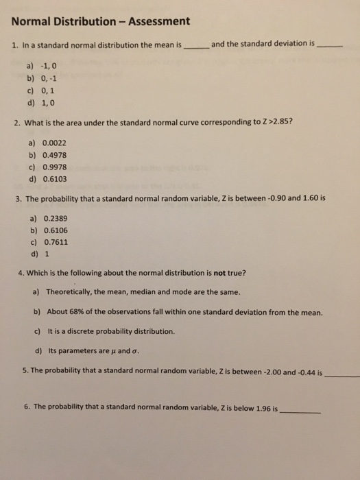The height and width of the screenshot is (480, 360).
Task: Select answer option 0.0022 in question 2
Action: pos(54,143)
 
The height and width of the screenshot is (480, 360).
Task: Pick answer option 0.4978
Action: pos(54,155)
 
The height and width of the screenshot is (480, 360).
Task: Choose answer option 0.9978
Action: pos(54,167)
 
